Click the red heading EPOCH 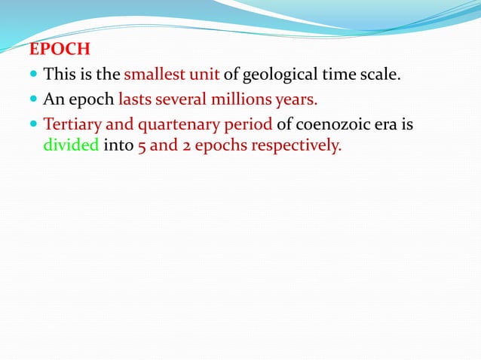(60, 50)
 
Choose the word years (297, 99)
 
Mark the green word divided (71, 145)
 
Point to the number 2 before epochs (185, 145)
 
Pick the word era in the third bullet (384, 124)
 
